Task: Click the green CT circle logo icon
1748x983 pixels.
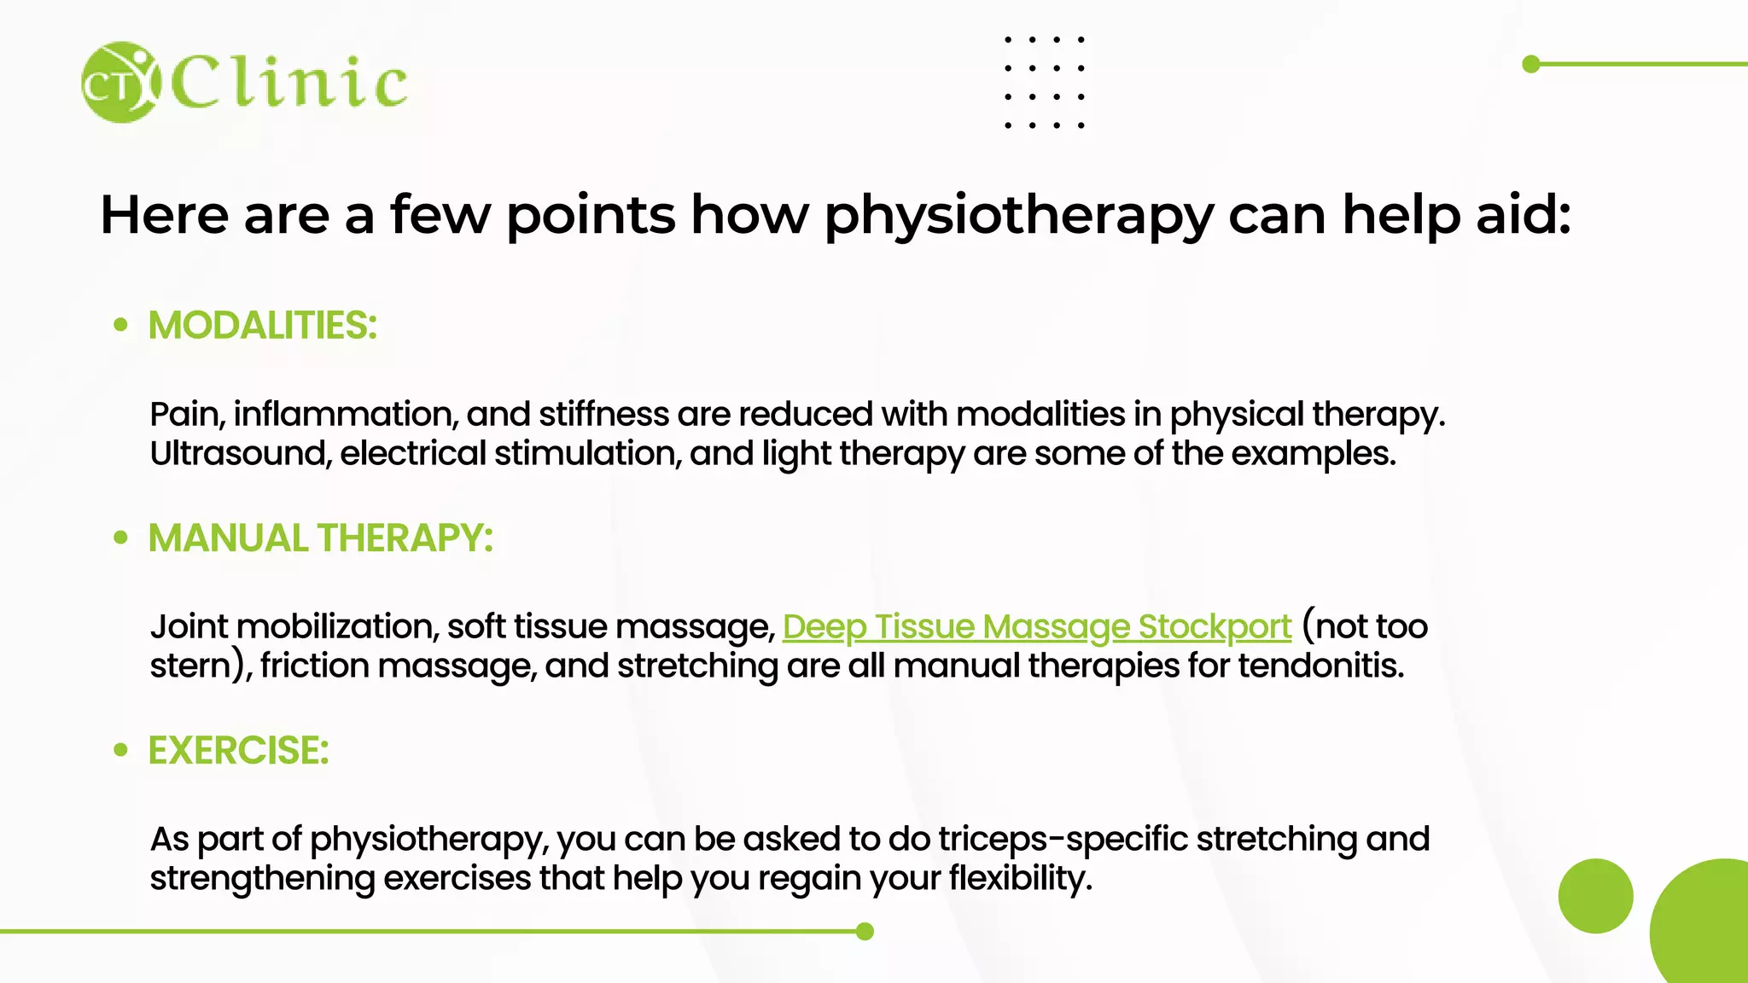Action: click(120, 82)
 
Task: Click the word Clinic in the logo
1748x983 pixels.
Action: click(289, 82)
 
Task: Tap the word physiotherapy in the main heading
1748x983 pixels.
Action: click(1018, 215)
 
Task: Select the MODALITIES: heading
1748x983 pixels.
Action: click(263, 325)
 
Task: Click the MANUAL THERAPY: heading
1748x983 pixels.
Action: click(321, 538)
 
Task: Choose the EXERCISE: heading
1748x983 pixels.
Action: click(239, 751)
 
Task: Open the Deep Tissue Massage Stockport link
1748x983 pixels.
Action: click(1036, 627)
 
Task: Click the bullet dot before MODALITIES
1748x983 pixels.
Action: click(121, 325)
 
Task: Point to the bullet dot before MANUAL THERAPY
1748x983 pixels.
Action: click(121, 538)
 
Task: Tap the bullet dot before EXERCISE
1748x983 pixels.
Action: click(121, 750)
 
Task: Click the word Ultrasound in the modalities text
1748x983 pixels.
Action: click(239, 454)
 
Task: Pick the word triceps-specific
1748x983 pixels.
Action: click(1063, 840)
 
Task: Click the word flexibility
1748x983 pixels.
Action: click(1020, 879)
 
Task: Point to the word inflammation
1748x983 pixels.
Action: click(346, 415)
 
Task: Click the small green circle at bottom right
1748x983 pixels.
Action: click(1595, 896)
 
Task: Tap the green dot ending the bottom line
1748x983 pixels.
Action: click(865, 931)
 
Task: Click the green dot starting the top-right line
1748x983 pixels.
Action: click(1531, 64)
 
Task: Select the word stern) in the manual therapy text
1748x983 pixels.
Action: click(201, 666)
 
